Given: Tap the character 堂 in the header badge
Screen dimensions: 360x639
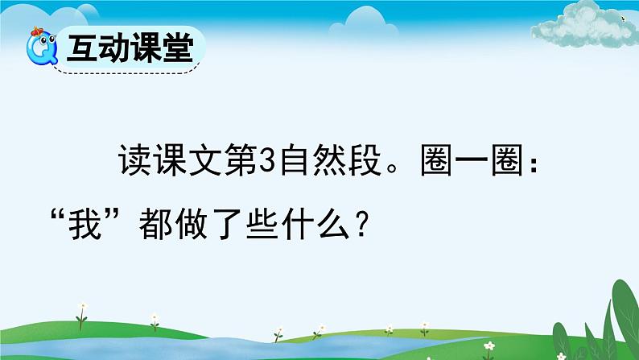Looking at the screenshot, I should click(177, 48).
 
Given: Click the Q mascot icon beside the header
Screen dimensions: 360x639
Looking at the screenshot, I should click(40, 51).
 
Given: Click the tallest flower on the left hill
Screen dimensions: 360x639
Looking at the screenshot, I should click(82, 311).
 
